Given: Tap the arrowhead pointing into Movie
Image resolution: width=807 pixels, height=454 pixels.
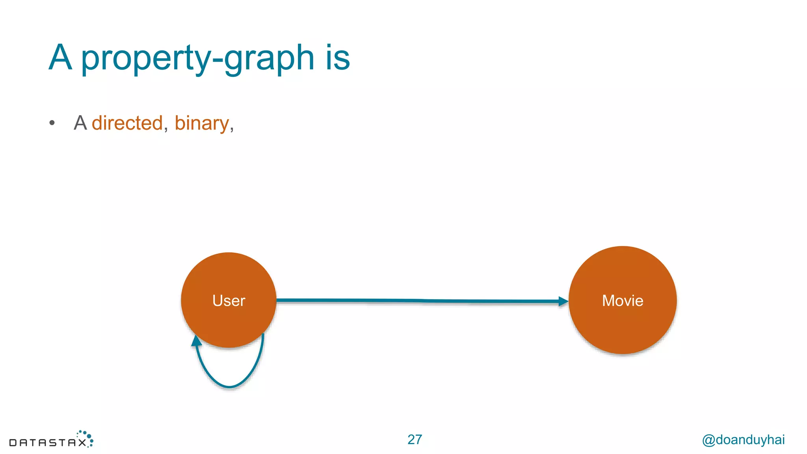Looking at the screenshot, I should [563, 301].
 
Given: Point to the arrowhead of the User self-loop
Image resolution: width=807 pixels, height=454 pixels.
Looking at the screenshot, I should [196, 340].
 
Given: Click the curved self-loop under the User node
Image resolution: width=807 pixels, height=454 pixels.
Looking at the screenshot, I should [230, 387].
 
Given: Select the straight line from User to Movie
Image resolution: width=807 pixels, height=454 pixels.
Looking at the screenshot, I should [418, 301].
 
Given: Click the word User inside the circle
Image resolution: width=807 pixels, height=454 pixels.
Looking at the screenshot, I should [229, 301].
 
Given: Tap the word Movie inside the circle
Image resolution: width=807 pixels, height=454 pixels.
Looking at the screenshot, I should [623, 301].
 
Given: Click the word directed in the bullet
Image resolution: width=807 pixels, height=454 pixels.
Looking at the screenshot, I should [127, 123].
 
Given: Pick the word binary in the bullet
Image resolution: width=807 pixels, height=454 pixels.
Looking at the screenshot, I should [201, 123].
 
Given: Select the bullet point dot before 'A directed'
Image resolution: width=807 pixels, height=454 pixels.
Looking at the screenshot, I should [52, 123].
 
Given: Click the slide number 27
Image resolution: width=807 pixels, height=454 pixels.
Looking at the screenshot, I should [415, 439].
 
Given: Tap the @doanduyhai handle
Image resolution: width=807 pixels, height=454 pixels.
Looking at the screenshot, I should [743, 439].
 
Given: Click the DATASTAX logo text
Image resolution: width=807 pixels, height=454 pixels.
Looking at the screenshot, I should [47, 443].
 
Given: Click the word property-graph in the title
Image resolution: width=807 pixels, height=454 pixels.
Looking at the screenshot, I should [197, 58].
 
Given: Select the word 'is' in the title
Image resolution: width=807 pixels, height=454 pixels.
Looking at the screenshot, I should [338, 58].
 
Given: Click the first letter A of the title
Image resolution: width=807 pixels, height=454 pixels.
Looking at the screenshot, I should [60, 58].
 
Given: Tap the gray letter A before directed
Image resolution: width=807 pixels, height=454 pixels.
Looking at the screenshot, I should [80, 123].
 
